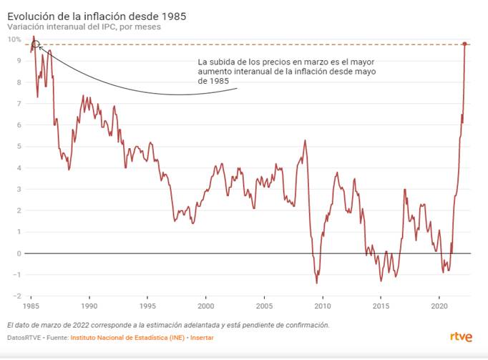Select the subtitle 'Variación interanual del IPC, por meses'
(x=84, y=26)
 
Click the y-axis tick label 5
(x=19, y=147)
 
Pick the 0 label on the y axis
(x=19, y=253)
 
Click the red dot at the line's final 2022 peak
(x=464, y=44)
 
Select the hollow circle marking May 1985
(x=36, y=44)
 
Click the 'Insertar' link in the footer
(x=202, y=337)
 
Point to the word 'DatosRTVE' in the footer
(x=24, y=337)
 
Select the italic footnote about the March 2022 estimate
(x=168, y=324)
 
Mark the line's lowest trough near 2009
(x=317, y=283)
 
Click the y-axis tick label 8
(x=19, y=82)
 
